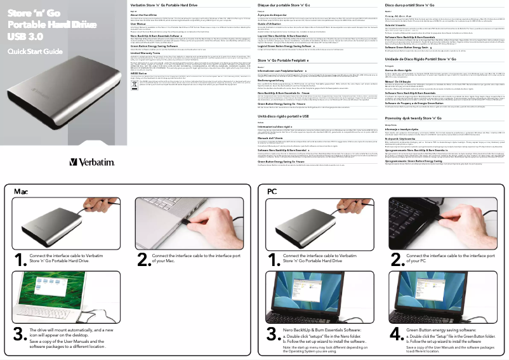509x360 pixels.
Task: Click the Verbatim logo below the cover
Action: click(92, 163)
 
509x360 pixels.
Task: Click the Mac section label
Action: click(21, 191)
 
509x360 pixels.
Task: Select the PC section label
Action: click(272, 191)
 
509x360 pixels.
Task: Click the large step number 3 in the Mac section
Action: click(19, 334)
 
